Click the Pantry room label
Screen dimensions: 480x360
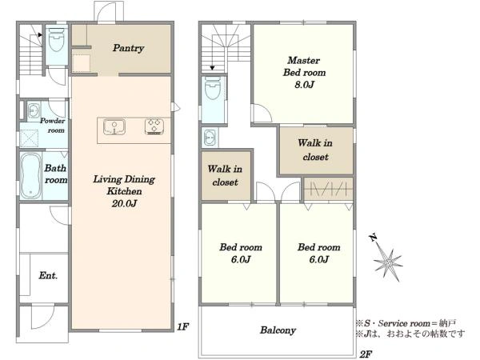click(128, 48)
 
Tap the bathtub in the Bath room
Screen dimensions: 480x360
click(30, 176)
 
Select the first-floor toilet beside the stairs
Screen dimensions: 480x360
click(57, 40)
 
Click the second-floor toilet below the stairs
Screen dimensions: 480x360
click(213, 88)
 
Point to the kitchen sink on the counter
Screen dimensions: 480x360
click(114, 126)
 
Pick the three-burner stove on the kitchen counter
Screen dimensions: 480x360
click(154, 126)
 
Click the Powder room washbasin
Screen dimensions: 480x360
click(34, 110)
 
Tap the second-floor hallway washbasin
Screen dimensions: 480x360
click(210, 138)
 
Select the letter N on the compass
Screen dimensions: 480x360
click(373, 238)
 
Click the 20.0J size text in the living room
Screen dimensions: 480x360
click(124, 203)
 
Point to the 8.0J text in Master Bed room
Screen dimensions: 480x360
click(304, 85)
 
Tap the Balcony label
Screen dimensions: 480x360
click(278, 330)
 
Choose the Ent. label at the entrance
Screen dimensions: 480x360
click(48, 275)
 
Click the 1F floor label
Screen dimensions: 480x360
click(182, 327)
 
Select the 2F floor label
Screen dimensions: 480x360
click(366, 354)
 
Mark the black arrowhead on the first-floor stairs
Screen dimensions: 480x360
click(40, 35)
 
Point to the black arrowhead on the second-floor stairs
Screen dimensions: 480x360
click(213, 68)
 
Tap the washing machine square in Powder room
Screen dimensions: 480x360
click(30, 138)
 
